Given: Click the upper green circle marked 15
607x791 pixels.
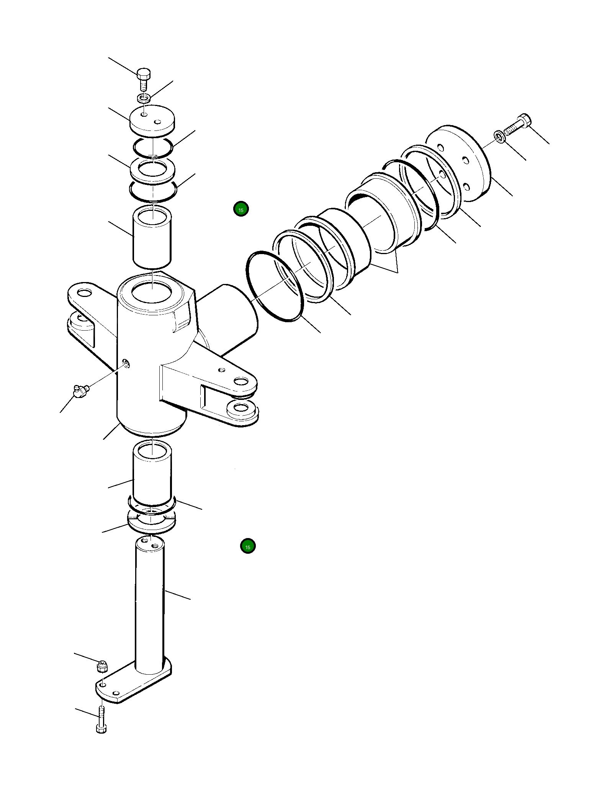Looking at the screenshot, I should [241, 209].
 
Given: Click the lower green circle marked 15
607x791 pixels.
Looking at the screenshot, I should [248, 546].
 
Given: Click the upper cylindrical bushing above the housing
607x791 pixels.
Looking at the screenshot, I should [152, 237].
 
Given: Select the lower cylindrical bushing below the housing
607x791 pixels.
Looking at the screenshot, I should [152, 473].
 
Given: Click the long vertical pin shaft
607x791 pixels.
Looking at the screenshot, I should [149, 605].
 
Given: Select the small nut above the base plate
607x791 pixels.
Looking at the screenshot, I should [102, 666].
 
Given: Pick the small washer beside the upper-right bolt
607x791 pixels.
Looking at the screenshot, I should [499, 136].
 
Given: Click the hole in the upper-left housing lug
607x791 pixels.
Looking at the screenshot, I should [84, 293].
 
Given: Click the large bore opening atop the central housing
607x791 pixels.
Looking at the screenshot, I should [152, 292].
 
